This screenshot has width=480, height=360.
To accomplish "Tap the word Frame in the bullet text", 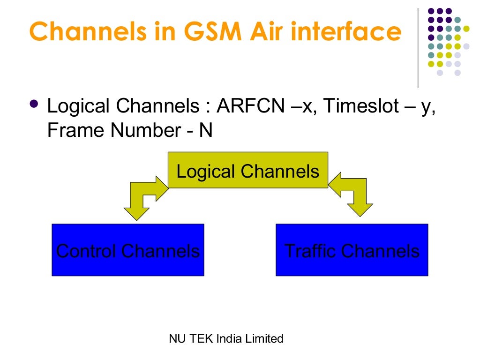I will [x=75, y=130].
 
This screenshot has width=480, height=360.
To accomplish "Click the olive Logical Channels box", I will [x=247, y=170].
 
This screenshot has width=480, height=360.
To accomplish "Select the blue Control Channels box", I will [x=127, y=250].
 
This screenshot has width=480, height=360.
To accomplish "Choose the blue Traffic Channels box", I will [x=352, y=250].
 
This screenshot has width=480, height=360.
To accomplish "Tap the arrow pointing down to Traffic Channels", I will [x=357, y=197].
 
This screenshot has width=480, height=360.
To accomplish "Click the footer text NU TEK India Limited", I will [x=226, y=338].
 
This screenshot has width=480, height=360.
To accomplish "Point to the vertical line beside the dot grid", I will [x=418, y=47].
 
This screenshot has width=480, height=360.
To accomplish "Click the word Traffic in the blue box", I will [x=311, y=251].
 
